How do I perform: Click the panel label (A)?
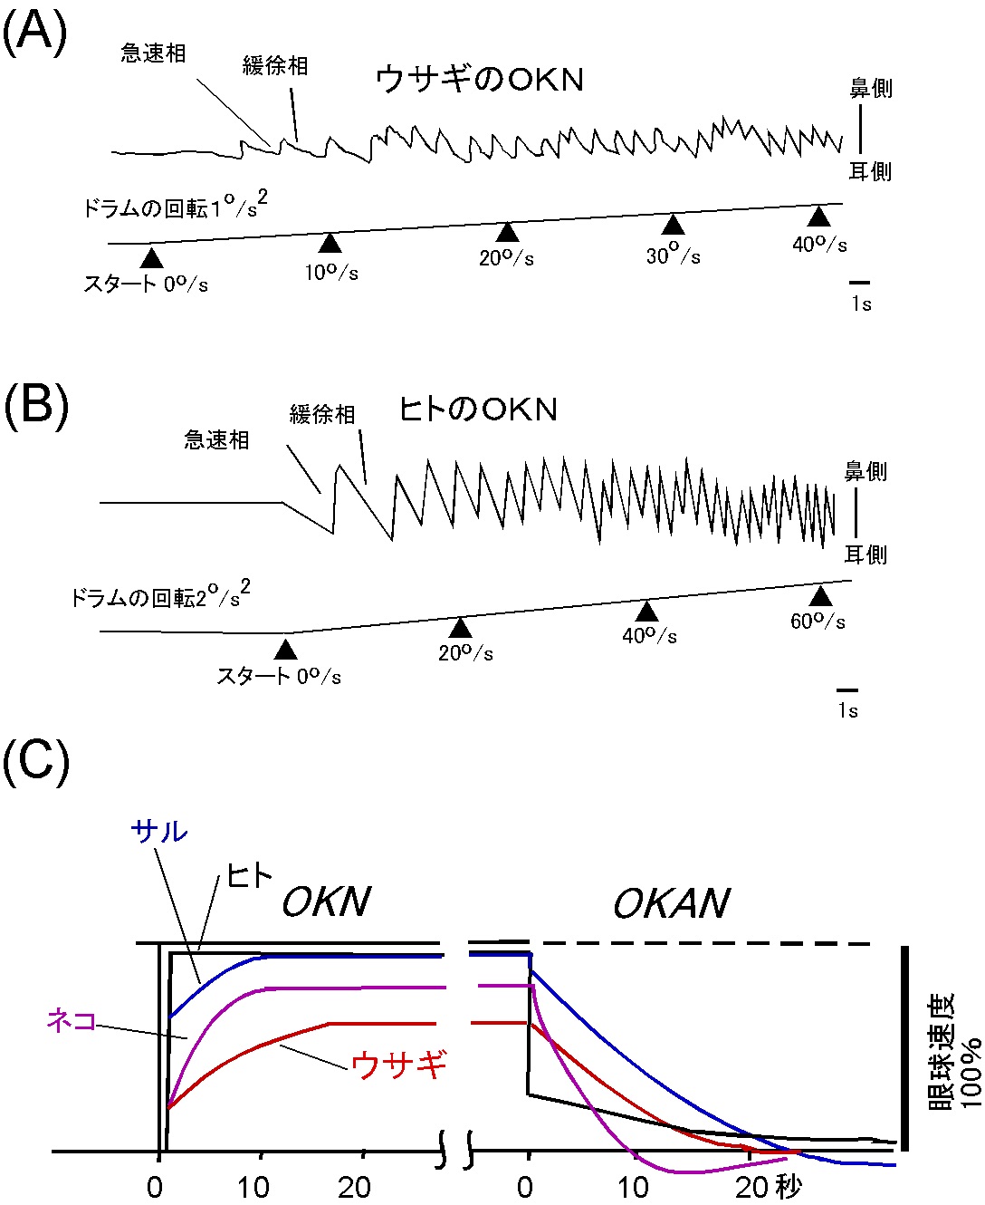(33, 34)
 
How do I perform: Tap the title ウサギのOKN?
(479, 80)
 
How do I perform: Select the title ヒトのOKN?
(478, 410)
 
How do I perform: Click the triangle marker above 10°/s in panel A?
(330, 243)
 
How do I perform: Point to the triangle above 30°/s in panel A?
(673, 225)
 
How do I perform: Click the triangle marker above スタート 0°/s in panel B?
(285, 649)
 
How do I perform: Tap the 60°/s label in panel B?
(818, 622)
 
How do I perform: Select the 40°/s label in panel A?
(819, 244)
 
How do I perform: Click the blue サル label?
(159, 831)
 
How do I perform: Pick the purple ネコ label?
(72, 1021)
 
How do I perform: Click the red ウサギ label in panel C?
(399, 1064)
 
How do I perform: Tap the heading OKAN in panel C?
(671, 903)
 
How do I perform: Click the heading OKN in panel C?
(326, 902)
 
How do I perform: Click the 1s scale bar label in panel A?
(861, 304)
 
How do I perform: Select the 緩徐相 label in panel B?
(322, 415)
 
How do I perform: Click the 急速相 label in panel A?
(154, 53)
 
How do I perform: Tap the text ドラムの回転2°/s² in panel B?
(160, 596)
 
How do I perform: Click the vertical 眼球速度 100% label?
(955, 1051)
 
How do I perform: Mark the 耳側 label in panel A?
(870, 171)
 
